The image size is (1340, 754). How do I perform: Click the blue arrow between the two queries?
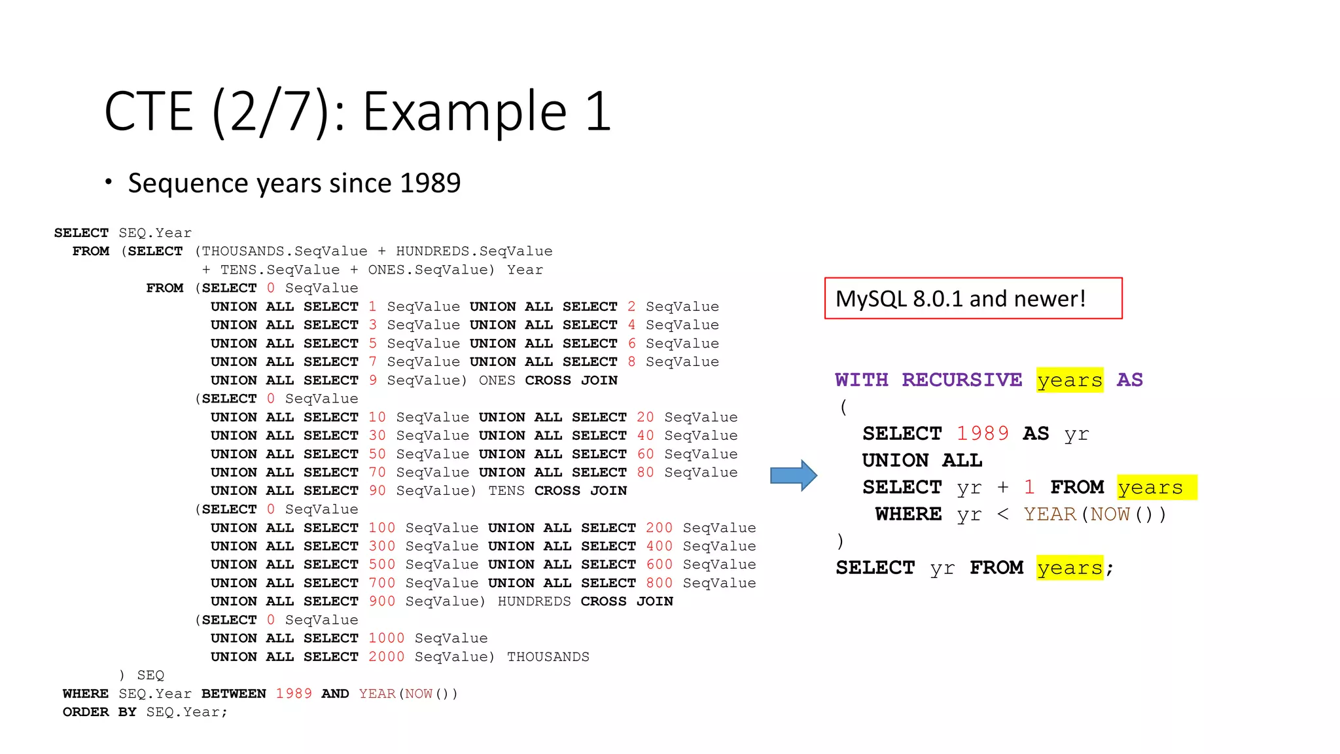pyautogui.click(x=793, y=475)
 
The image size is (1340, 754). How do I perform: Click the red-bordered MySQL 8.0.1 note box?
pyautogui.click(x=973, y=298)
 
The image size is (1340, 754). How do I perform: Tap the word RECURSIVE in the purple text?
pyautogui.click(x=962, y=380)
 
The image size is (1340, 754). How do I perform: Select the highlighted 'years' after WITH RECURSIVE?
pyautogui.click(x=1070, y=380)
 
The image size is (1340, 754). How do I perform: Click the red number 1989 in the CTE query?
pyautogui.click(x=983, y=434)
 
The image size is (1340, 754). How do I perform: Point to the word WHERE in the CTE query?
pyautogui.click(x=908, y=514)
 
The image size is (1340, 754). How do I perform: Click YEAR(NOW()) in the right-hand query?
pyautogui.click(x=1095, y=514)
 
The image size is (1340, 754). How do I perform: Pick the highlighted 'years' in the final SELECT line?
pyautogui.click(x=1070, y=568)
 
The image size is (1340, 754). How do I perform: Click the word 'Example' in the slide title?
pyautogui.click(x=465, y=111)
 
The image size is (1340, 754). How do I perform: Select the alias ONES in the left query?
pyautogui.click(x=497, y=381)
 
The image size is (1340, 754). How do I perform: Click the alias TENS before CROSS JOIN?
pyautogui.click(x=506, y=491)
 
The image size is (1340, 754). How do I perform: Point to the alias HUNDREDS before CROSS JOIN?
pyautogui.click(x=534, y=601)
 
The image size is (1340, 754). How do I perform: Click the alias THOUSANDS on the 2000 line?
pyautogui.click(x=548, y=657)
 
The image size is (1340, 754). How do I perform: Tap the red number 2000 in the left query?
pyautogui.click(x=386, y=657)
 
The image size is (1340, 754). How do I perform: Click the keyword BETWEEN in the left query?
pyautogui.click(x=234, y=694)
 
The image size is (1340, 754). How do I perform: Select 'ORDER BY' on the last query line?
pyautogui.click(x=99, y=712)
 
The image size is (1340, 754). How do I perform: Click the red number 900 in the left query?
pyautogui.click(x=381, y=601)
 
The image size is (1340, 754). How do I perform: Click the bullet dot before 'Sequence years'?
pyautogui.click(x=109, y=181)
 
